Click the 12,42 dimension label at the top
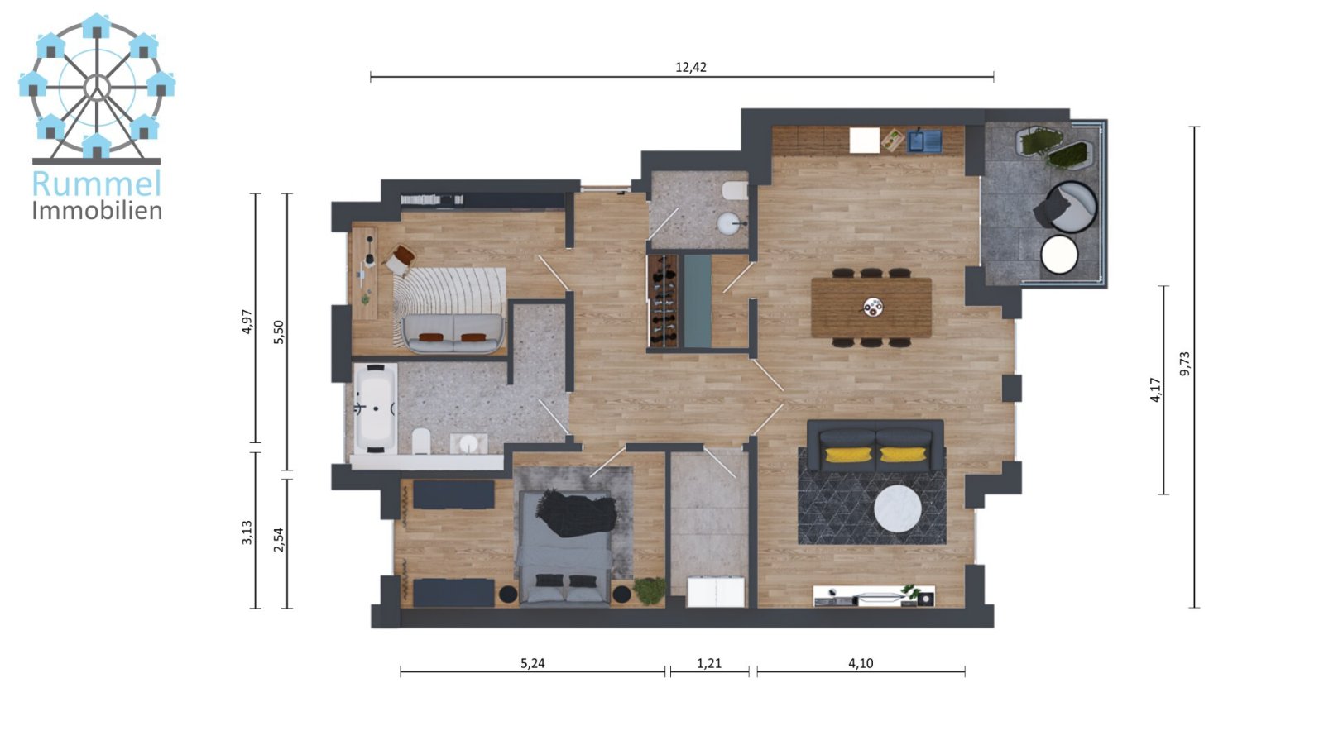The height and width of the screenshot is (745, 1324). point(691,68)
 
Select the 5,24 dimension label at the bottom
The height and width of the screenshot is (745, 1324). point(532,663)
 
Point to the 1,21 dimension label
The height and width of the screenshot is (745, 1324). point(709,663)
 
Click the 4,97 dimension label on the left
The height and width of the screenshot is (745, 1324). point(246,321)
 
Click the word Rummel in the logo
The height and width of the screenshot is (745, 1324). point(96,184)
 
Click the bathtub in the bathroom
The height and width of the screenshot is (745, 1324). point(375,408)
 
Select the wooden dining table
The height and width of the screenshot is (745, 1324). point(871,308)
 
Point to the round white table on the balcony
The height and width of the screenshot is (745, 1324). point(1058,255)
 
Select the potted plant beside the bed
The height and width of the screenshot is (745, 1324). point(650,590)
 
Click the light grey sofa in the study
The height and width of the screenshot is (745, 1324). point(453,332)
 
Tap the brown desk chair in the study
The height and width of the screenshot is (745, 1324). point(401,259)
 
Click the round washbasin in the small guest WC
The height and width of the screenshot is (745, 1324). point(729,223)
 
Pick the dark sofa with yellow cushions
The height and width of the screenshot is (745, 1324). point(875,446)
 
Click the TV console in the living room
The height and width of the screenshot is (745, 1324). point(874,596)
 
